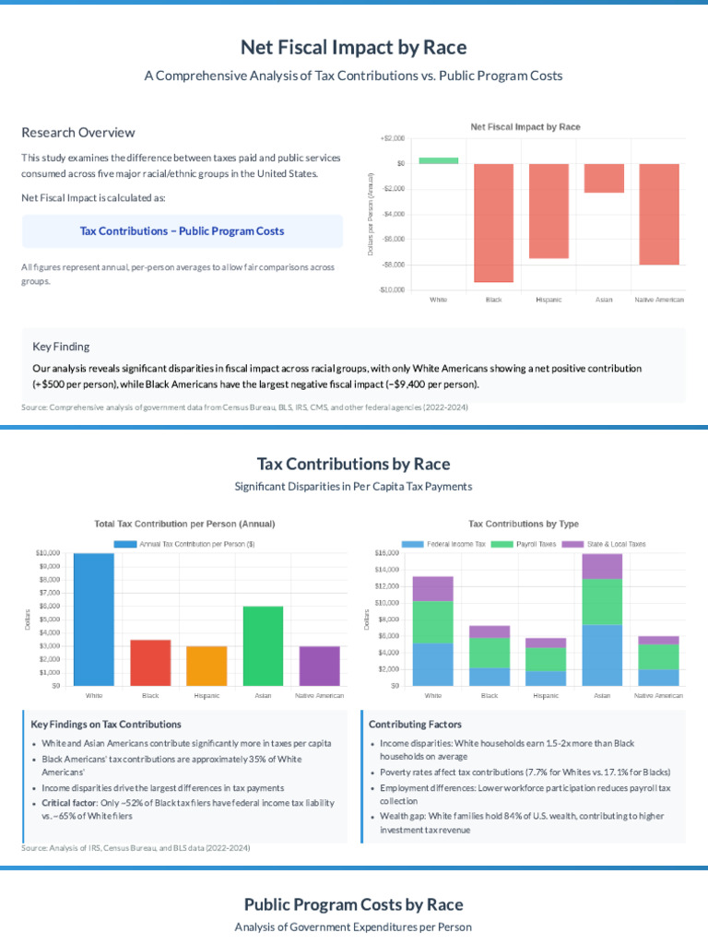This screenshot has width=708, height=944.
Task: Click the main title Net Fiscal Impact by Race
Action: coord(353,47)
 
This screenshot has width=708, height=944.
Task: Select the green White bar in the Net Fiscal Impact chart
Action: coord(438,160)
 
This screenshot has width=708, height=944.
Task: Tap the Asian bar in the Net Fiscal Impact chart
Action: coord(604,178)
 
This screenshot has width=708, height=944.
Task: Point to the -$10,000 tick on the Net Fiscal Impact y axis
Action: coord(391,289)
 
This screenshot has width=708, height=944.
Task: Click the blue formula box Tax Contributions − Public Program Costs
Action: coord(183,231)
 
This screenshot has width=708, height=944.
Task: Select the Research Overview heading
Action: coord(78,133)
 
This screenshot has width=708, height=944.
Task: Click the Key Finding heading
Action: coord(61,347)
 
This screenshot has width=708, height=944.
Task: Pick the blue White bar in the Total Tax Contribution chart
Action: coord(94,619)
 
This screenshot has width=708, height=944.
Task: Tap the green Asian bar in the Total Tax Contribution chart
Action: coord(264,645)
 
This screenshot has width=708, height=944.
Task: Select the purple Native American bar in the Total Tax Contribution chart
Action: coord(319,666)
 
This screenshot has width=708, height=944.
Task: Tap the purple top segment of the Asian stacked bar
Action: coord(602,566)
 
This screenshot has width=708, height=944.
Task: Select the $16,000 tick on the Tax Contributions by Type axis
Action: coord(387,553)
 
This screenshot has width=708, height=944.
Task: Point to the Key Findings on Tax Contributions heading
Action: coord(106,725)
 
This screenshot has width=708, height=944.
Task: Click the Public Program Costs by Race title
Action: coord(353,904)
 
